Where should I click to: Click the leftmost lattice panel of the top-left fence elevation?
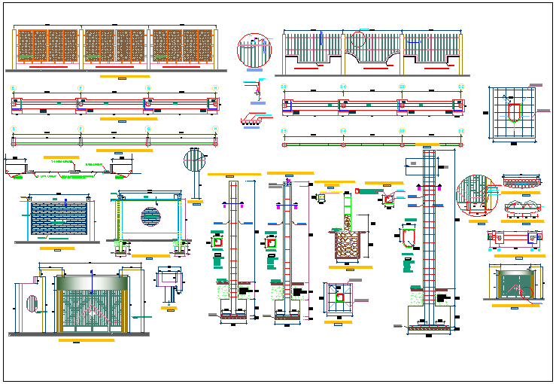[x=48, y=46]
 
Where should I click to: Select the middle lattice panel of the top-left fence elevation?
[x=115, y=46]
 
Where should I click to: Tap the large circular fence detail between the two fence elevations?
[x=254, y=50]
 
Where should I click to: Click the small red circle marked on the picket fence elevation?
[x=358, y=39]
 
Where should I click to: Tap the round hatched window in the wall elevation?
[x=150, y=218]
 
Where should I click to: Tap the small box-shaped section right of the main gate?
[x=169, y=279]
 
